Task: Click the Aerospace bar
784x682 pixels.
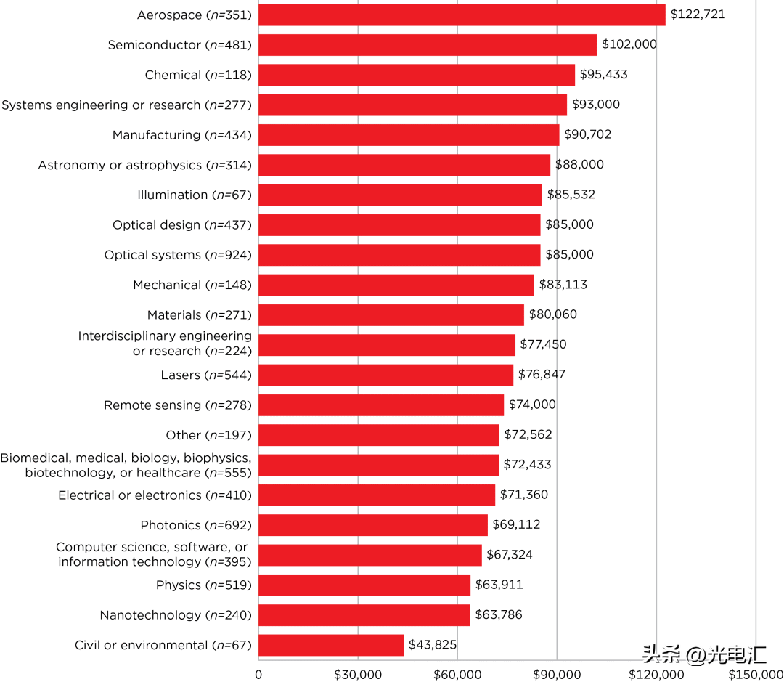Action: point(462,15)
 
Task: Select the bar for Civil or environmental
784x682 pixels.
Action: point(331,645)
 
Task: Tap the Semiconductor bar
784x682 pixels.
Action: point(428,45)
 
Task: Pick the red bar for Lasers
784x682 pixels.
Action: point(385,375)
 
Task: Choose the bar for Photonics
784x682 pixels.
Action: point(373,525)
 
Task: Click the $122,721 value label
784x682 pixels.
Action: point(698,15)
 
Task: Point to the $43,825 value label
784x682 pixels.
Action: point(433,645)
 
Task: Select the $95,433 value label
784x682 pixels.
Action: point(603,75)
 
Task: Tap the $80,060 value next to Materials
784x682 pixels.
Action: point(553,314)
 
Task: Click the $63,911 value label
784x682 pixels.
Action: point(499,585)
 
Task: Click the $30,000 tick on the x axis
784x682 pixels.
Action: point(358,674)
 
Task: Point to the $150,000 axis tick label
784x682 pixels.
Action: point(756,674)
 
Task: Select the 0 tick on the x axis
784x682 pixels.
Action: point(258,674)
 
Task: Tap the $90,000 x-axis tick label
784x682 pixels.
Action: point(557,674)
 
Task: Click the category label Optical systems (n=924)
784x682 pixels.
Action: point(178,255)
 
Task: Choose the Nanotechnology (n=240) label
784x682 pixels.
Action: point(176,615)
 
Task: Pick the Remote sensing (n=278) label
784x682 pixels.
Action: point(178,405)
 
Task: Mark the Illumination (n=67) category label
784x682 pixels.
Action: point(195,195)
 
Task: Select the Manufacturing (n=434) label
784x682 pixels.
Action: point(182,135)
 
